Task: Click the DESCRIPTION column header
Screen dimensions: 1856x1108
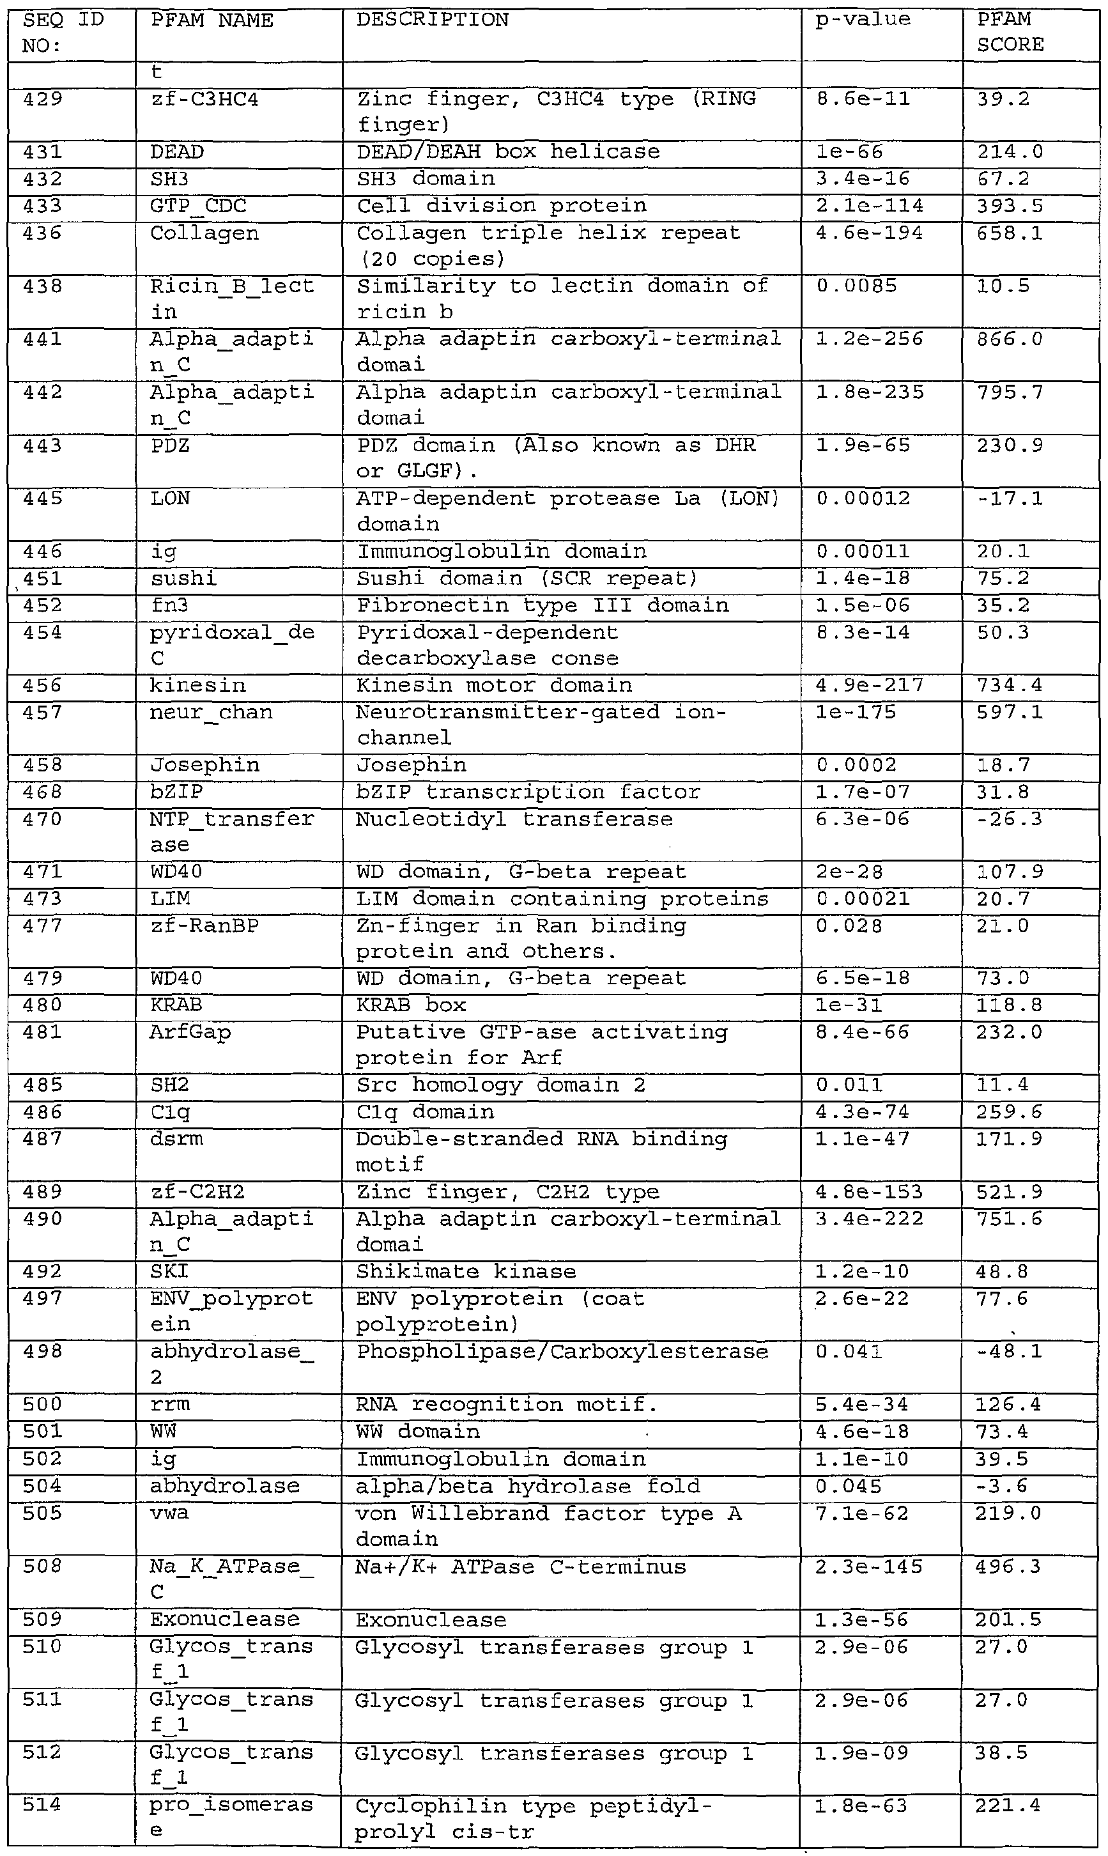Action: click(433, 20)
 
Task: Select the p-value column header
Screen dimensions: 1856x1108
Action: click(863, 20)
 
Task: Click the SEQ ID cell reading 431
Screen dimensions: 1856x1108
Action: click(43, 152)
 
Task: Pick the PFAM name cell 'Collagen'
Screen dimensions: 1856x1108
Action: click(204, 234)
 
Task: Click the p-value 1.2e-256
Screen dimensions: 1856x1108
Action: click(869, 340)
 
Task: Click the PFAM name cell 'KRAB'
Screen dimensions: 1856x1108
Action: click(176, 1005)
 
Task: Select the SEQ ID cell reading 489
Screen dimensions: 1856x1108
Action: click(43, 1193)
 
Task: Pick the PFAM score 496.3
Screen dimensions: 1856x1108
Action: click(1008, 1566)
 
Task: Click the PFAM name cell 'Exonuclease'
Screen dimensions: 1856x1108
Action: click(225, 1620)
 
